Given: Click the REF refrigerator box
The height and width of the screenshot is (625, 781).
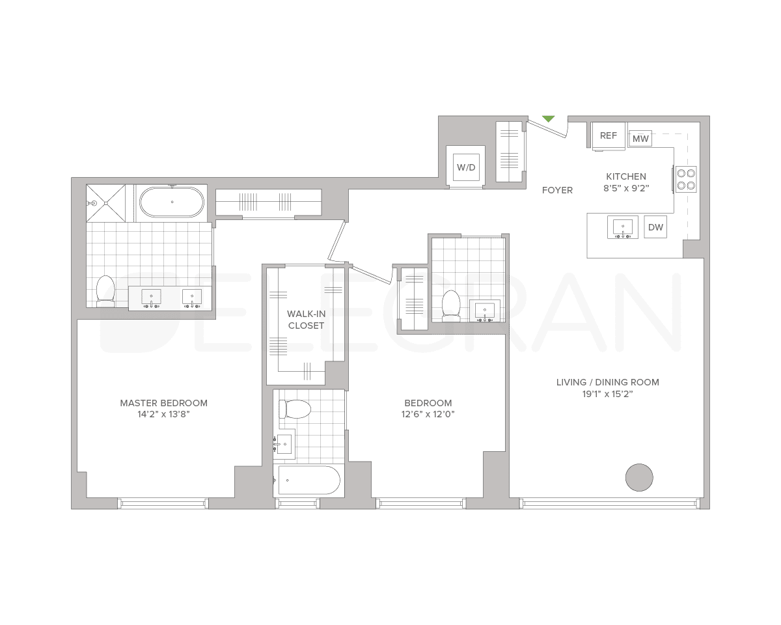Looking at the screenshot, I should click(x=609, y=135).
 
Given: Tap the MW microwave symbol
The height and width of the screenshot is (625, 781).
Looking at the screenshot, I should click(x=641, y=139).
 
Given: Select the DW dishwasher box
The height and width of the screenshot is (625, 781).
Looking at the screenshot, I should click(x=655, y=227).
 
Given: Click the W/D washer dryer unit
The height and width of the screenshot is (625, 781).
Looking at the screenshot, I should click(x=466, y=167).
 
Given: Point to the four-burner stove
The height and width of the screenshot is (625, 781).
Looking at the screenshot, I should click(x=685, y=178).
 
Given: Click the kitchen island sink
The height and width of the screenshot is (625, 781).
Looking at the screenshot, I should click(x=623, y=228).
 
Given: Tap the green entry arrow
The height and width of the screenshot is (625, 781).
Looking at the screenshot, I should click(x=549, y=118).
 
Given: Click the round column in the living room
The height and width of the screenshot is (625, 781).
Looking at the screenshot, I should click(x=639, y=477).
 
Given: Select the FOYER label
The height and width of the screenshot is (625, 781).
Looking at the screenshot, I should click(x=558, y=190).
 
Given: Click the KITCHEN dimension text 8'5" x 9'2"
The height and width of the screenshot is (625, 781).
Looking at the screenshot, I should click(x=627, y=188).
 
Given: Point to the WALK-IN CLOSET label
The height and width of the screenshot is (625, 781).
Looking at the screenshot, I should click(x=306, y=320).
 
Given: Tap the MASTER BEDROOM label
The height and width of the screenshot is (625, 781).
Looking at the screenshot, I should click(x=163, y=403).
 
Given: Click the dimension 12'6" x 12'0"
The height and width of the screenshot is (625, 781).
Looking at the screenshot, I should click(x=428, y=414).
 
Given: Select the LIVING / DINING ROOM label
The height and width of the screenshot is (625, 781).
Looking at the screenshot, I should click(x=607, y=382).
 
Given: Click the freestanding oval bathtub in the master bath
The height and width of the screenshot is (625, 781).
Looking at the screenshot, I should click(x=172, y=202).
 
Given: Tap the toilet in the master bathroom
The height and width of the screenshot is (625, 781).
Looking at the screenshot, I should click(x=105, y=290).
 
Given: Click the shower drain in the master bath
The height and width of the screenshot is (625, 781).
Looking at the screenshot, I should click(x=94, y=203).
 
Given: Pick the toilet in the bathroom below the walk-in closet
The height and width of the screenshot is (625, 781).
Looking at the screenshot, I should click(x=295, y=410).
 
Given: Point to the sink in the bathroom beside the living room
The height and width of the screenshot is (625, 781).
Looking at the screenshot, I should click(x=485, y=311).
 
